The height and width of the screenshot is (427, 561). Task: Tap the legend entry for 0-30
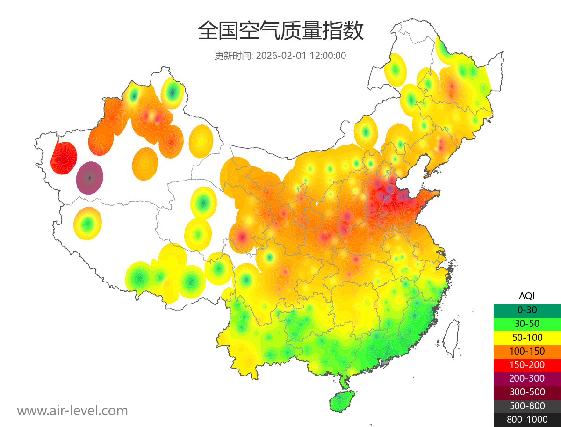(x=527, y=310)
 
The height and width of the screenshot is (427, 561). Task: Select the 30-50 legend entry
(x=527, y=324)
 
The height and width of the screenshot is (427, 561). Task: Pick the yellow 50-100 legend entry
(x=527, y=337)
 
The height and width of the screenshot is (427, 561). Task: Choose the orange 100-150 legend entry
(x=527, y=351)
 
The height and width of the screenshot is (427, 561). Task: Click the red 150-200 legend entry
(x=527, y=365)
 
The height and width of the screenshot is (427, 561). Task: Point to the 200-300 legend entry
(x=527, y=378)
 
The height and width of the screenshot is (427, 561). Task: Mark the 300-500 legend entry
(x=527, y=392)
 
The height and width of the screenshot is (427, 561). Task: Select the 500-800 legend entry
(x=527, y=406)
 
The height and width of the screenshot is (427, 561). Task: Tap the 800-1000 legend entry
(x=527, y=420)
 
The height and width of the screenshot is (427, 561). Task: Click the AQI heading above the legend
(x=527, y=296)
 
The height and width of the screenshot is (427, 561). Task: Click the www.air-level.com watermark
(x=72, y=411)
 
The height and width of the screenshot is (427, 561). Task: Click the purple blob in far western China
(x=90, y=178)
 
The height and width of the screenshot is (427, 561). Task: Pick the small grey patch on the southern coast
(x=385, y=362)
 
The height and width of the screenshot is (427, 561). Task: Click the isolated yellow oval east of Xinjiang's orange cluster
(x=201, y=141)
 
